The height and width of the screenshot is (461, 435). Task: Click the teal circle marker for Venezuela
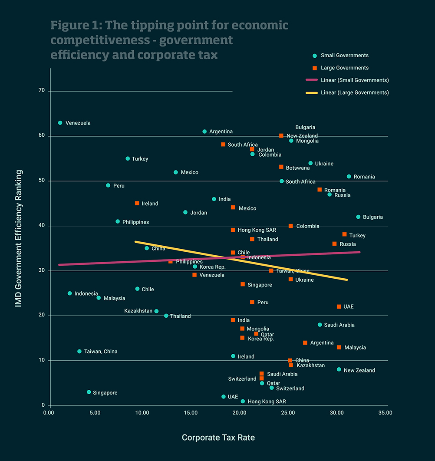pos(60,123)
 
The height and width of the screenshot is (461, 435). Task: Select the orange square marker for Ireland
pos(137,203)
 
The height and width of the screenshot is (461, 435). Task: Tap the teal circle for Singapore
pos(89,392)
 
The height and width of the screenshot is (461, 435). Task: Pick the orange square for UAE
pos(339,306)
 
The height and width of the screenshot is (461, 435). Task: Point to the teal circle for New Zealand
pos(339,369)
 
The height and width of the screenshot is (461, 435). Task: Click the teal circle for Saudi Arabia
pos(320,325)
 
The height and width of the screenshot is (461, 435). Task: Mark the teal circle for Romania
pos(349,177)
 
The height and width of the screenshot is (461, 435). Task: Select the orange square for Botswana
pos(281,167)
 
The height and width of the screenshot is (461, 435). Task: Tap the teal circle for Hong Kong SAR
pos(243,401)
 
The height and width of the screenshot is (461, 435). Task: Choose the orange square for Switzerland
pos(262,379)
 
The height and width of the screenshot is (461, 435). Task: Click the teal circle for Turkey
pos(128,158)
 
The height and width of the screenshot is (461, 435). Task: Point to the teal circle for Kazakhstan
pos(156,311)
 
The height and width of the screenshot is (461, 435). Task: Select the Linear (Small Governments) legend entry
pos(354,80)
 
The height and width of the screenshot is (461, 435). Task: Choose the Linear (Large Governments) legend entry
pos(354,92)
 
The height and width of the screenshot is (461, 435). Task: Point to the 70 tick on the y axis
pos(41,91)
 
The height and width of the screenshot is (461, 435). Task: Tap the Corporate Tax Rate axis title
pos(218,438)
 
